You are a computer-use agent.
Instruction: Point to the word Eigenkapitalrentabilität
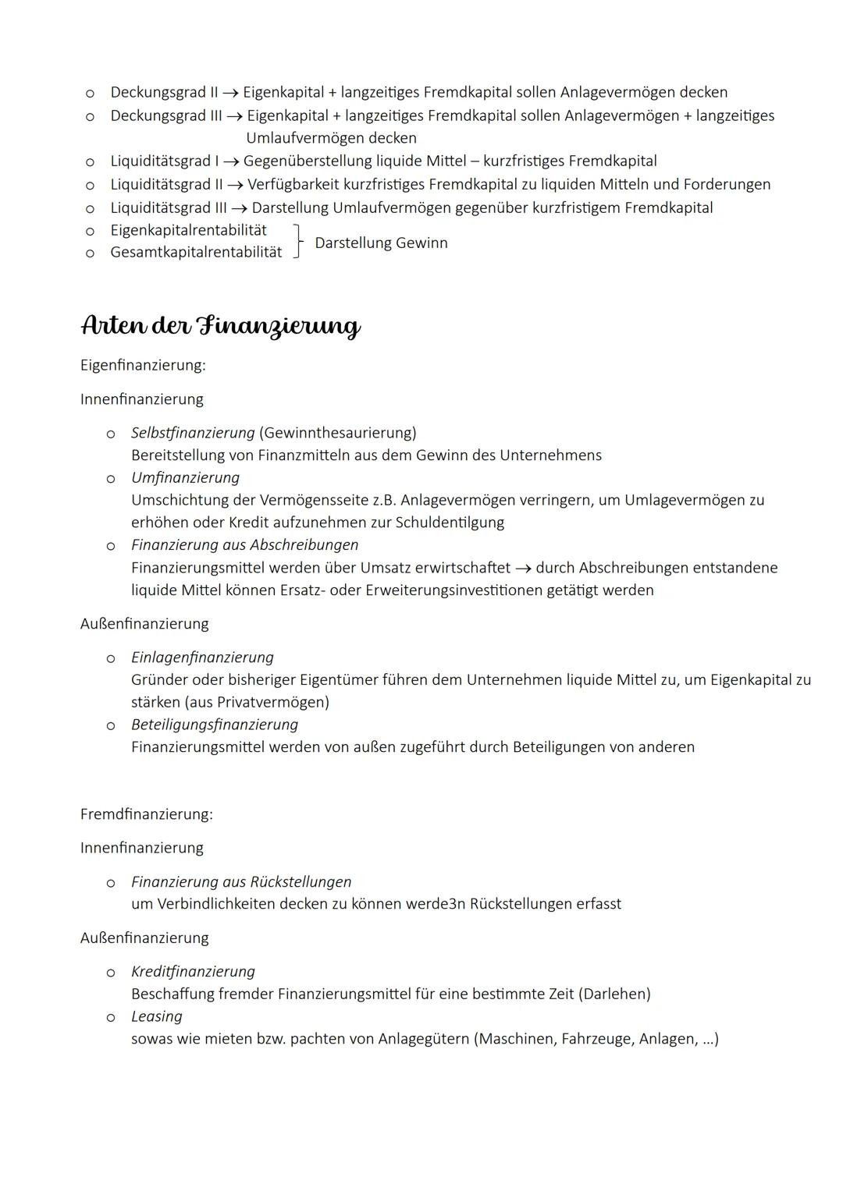tap(188, 230)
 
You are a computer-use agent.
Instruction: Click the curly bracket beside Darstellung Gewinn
tap(297, 242)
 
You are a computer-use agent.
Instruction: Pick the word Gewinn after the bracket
tap(421, 243)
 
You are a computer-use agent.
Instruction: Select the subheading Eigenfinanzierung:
tap(143, 365)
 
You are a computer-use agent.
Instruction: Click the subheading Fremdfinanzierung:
tap(146, 814)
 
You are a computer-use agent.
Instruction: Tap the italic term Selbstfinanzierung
tap(193, 432)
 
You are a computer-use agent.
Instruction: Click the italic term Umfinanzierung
tap(185, 477)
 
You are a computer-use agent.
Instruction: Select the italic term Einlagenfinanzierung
tap(202, 658)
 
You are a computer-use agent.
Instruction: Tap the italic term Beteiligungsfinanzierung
tap(215, 725)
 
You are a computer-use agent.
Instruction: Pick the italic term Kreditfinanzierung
tap(193, 972)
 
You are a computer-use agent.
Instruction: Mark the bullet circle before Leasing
tap(111, 1018)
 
